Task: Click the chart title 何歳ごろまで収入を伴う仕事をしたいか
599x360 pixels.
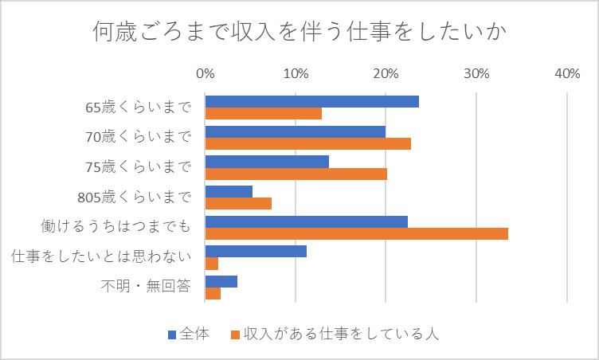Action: point(299,34)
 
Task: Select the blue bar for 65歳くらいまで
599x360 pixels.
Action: point(311,101)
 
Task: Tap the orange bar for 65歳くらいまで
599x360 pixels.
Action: point(263,114)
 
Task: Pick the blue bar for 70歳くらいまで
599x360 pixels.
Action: point(295,131)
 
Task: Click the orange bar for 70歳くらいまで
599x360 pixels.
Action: point(307,143)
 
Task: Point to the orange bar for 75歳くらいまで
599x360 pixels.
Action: point(296,174)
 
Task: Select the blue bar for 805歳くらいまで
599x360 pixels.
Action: point(229,191)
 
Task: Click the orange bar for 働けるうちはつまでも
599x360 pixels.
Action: point(356,233)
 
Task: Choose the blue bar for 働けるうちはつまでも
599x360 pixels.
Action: point(306,221)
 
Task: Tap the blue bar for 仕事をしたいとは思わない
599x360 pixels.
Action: point(256,252)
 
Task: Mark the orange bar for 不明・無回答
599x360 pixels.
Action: point(213,294)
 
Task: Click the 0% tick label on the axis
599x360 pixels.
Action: point(206,74)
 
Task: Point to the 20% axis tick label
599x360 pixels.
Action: point(386,74)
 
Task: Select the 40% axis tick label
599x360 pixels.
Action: point(566,74)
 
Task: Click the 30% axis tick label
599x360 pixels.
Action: point(476,74)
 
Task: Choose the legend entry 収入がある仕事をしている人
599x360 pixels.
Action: point(335,334)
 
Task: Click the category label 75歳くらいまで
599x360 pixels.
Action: point(139,167)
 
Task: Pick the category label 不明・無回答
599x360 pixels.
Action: point(146,287)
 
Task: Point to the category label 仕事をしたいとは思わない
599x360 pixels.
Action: point(101,257)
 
